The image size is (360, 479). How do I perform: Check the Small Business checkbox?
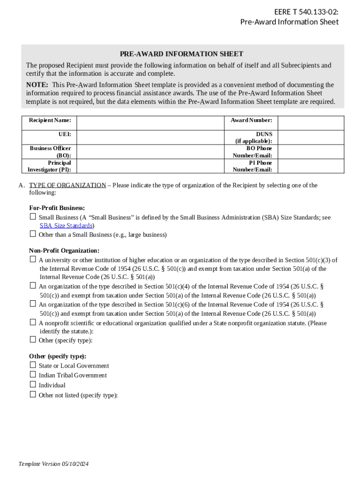[x=33, y=217]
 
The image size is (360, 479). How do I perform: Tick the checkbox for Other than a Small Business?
[x=33, y=233]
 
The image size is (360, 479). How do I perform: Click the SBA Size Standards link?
[x=66, y=225]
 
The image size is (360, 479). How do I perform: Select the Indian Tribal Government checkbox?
[x=33, y=374]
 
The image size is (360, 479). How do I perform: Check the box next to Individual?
[x=33, y=384]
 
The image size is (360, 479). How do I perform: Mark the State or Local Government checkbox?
[x=33, y=364]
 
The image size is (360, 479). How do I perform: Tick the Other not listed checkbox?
[x=33, y=394]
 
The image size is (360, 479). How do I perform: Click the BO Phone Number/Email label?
[x=252, y=152]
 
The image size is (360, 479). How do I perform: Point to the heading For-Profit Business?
[x=57, y=208]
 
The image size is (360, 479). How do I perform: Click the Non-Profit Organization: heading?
[x=64, y=251]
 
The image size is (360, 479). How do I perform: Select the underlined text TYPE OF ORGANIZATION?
[x=67, y=185]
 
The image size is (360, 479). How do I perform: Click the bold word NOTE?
[x=37, y=85]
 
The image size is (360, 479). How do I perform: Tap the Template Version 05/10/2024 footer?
[x=53, y=464]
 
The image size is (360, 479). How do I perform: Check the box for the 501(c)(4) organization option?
[x=33, y=285]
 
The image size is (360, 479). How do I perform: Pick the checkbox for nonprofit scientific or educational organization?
[x=33, y=322]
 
